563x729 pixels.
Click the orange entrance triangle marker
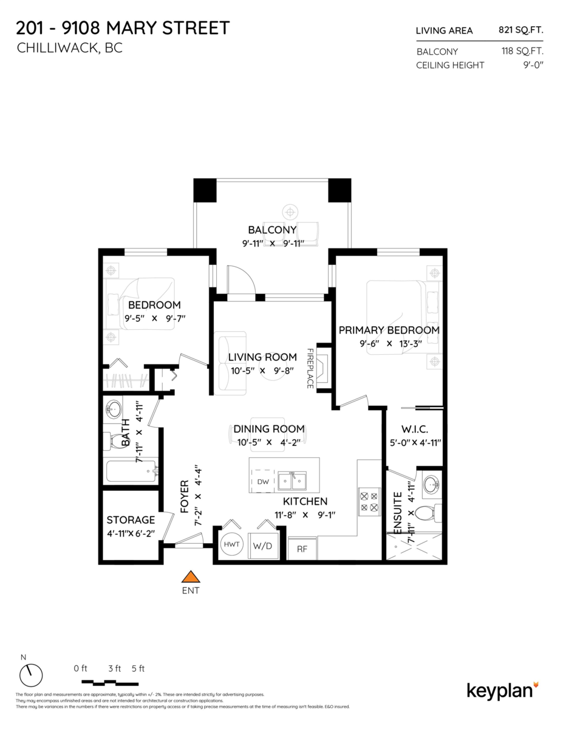pyautogui.click(x=191, y=577)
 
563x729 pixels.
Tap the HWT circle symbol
pyautogui.click(x=231, y=545)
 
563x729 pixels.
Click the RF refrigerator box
pyautogui.click(x=302, y=549)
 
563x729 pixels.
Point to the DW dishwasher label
pyautogui.click(x=262, y=482)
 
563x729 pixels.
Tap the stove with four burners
pyautogui.click(x=369, y=501)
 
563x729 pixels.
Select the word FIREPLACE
pyautogui.click(x=310, y=368)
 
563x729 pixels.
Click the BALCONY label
pyautogui.click(x=272, y=230)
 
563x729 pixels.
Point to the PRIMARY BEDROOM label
pyautogui.click(x=389, y=330)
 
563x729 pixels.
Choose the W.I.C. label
pyautogui.click(x=415, y=430)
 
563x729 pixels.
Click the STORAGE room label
pyautogui.click(x=131, y=520)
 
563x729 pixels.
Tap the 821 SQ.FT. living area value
pyautogui.click(x=521, y=30)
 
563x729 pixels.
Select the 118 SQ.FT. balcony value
pyautogui.click(x=522, y=52)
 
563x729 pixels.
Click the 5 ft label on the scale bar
pyautogui.click(x=138, y=669)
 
